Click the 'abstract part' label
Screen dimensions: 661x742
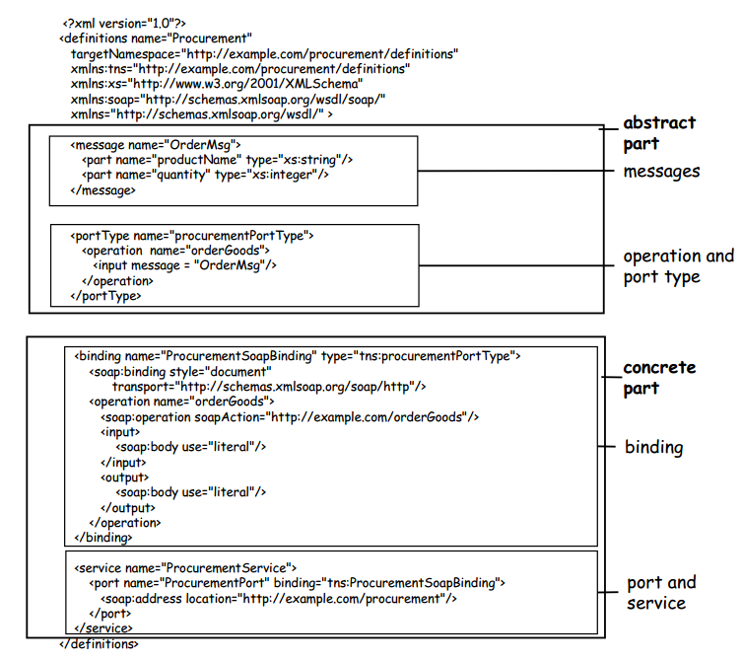[658, 133]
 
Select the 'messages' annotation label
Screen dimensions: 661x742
[660, 172]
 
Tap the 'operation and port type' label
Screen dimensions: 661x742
[677, 266]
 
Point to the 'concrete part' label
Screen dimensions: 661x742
[658, 378]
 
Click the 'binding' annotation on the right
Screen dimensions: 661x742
[653, 447]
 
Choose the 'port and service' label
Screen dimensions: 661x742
[661, 592]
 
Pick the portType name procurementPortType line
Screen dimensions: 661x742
[192, 237]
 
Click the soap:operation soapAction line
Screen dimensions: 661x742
[289, 417]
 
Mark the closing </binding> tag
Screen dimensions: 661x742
[103, 538]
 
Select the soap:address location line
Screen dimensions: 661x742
[280, 598]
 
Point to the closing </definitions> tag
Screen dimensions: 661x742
[100, 644]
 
